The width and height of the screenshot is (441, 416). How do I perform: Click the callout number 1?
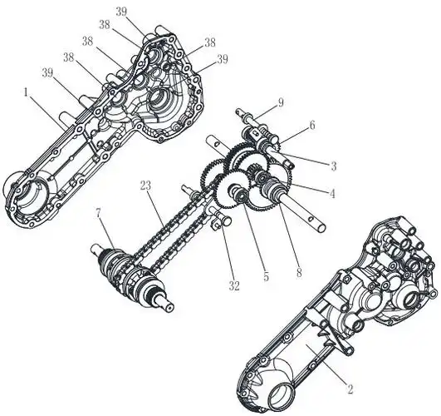coord(26,92)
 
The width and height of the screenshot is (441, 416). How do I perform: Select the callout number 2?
coord(350,389)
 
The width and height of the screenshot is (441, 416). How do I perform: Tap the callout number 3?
coord(333,166)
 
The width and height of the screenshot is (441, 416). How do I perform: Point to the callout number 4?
coord(333,194)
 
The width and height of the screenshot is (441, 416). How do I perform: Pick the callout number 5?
coord(266,276)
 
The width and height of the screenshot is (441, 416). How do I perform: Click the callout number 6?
coord(312,125)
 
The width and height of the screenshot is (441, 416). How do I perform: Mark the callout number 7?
coord(99,214)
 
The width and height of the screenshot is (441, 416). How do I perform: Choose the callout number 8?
coord(299,273)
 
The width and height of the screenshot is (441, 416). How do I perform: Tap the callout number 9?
coord(281,103)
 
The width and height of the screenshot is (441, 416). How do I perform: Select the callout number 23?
coord(145,186)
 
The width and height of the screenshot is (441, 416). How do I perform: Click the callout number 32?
coord(234,286)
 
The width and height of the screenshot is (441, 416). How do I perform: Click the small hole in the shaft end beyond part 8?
coord(310,218)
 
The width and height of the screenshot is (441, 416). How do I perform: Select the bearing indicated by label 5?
coord(241,195)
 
